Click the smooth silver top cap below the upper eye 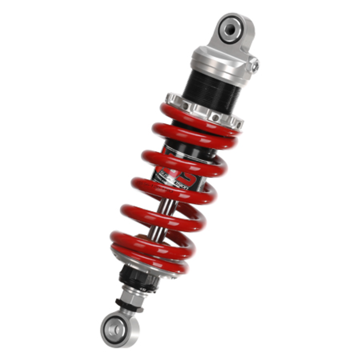[x=221, y=63]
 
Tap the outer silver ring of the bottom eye [x=106, y=332]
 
